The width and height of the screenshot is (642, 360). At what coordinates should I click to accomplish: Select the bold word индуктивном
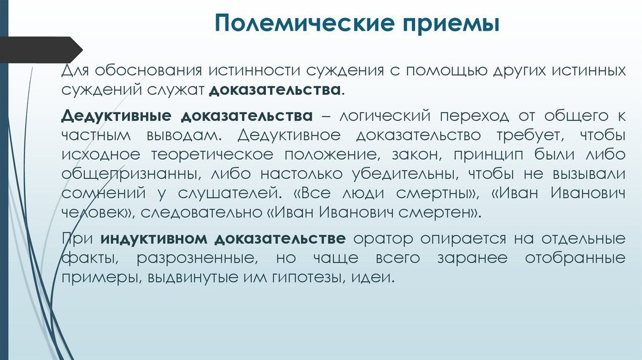154,239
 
